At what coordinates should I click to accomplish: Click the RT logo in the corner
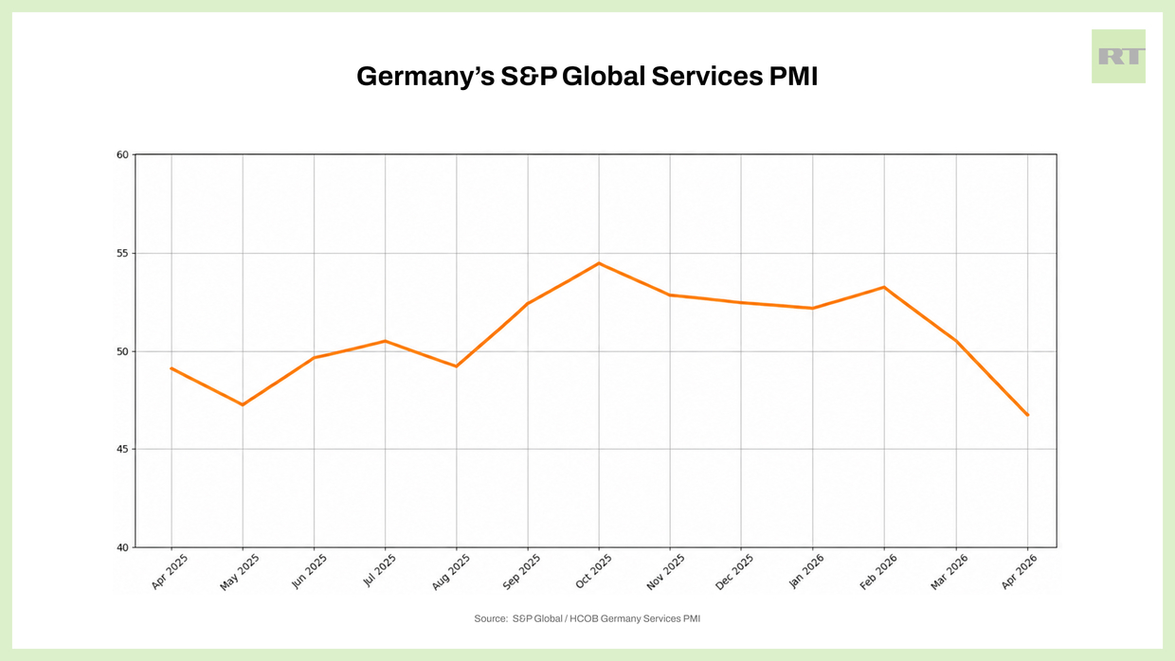(x=1118, y=56)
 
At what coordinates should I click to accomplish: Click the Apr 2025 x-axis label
(x=168, y=572)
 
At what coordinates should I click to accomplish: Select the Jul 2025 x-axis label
(x=381, y=572)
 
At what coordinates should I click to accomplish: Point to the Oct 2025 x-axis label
(x=594, y=572)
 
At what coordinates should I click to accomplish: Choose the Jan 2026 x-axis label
(x=807, y=572)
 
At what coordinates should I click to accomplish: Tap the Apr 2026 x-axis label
(x=1021, y=572)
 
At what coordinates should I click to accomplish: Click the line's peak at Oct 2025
(x=599, y=263)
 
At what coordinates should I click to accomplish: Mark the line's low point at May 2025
(x=243, y=404)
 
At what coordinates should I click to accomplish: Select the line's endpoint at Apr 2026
(x=1027, y=415)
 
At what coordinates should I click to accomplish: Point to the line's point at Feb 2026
(x=884, y=287)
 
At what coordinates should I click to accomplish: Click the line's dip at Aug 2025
(x=457, y=366)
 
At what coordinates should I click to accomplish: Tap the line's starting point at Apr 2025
(x=172, y=367)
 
